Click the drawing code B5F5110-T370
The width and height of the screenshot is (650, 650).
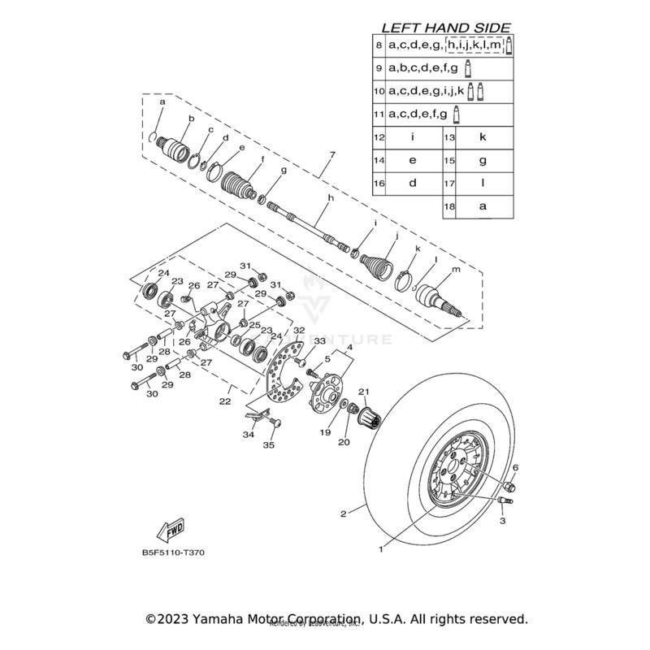pyautogui.click(x=173, y=553)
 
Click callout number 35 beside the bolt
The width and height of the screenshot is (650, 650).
pyautogui.click(x=270, y=445)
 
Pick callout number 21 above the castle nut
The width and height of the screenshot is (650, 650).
pyautogui.click(x=364, y=392)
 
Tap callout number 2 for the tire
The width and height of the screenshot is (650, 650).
pyautogui.click(x=344, y=513)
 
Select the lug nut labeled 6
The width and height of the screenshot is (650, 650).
pyautogui.click(x=510, y=486)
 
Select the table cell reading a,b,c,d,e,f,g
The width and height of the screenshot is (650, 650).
pyautogui.click(x=423, y=67)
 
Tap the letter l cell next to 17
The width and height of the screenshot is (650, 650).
pyautogui.click(x=483, y=183)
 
